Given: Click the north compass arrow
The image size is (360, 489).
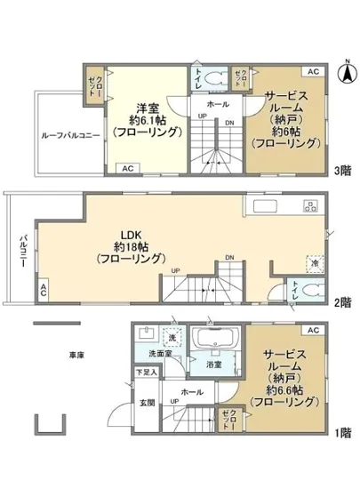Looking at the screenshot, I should click(x=346, y=72).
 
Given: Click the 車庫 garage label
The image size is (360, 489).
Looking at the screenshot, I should click(x=76, y=355).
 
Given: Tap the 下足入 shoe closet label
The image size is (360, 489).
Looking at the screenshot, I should click(x=146, y=373).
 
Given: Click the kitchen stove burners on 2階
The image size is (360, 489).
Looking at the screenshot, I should click(x=310, y=208).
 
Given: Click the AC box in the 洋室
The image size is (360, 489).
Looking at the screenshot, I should click(x=127, y=166).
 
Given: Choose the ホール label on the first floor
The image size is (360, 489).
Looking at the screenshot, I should click(x=191, y=391).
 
